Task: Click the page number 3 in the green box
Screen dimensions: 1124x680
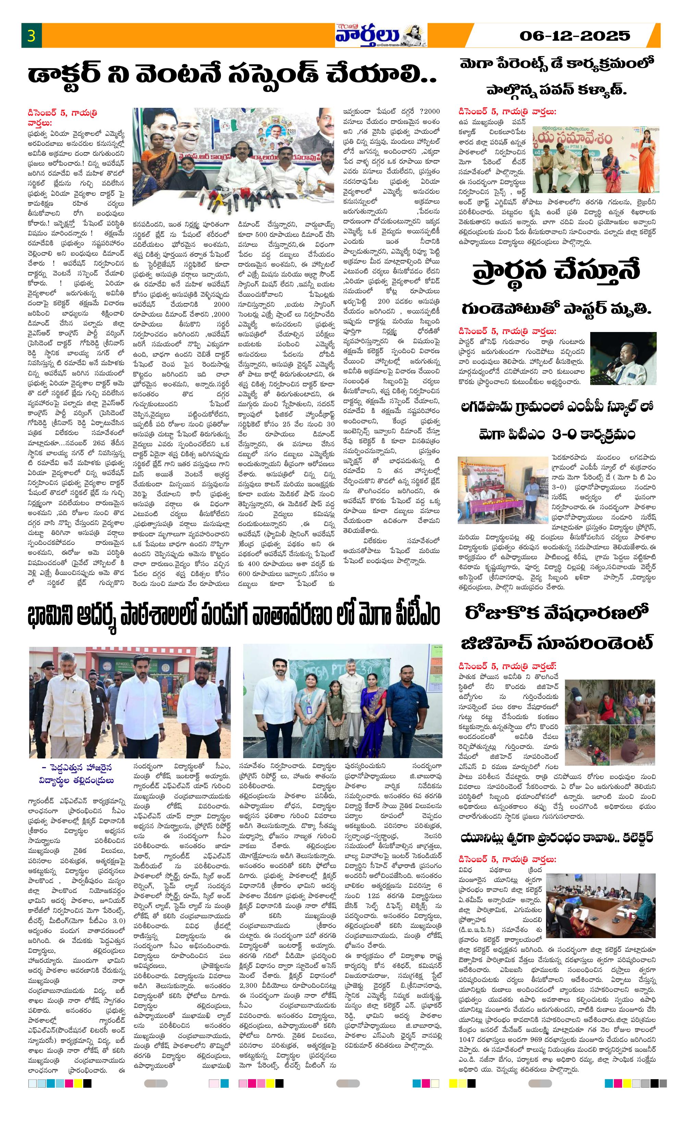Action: [31, 36]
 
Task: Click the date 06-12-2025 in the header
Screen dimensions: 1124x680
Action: [574, 36]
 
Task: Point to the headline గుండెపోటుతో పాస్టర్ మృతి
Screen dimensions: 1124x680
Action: [556, 310]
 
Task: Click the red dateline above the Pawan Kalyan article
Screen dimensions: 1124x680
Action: [508, 111]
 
